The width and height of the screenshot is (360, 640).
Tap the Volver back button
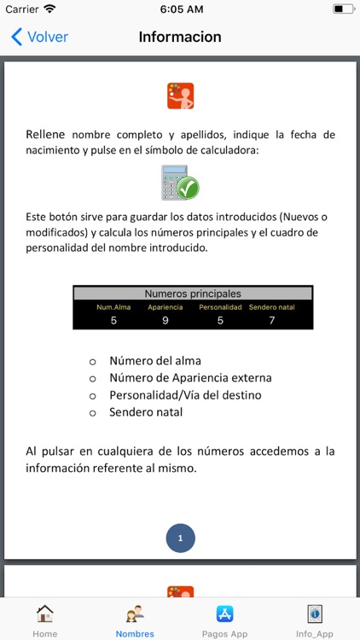pos(39,38)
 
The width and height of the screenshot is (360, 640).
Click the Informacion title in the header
pos(180,38)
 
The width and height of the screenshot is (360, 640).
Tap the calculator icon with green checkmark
pos(180,182)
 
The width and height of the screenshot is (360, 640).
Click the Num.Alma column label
pos(113,307)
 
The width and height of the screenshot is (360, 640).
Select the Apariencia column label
pos(165,307)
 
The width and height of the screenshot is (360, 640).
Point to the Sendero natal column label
pos(272,307)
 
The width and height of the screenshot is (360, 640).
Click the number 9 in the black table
pos(165,320)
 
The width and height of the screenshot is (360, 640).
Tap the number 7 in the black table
pos(272,320)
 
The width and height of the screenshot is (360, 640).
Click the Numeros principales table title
pos(193,294)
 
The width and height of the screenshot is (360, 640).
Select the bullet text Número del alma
pos(155,359)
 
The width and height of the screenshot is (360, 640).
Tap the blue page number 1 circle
pos(180,538)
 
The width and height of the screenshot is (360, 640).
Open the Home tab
pos(44,620)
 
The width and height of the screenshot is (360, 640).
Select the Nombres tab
pos(135,620)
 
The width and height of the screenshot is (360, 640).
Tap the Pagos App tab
pos(225,620)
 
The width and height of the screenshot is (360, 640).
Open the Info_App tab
pos(315,620)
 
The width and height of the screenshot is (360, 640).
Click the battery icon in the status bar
pos(344,9)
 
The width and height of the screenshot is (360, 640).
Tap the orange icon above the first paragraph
pos(180,96)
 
